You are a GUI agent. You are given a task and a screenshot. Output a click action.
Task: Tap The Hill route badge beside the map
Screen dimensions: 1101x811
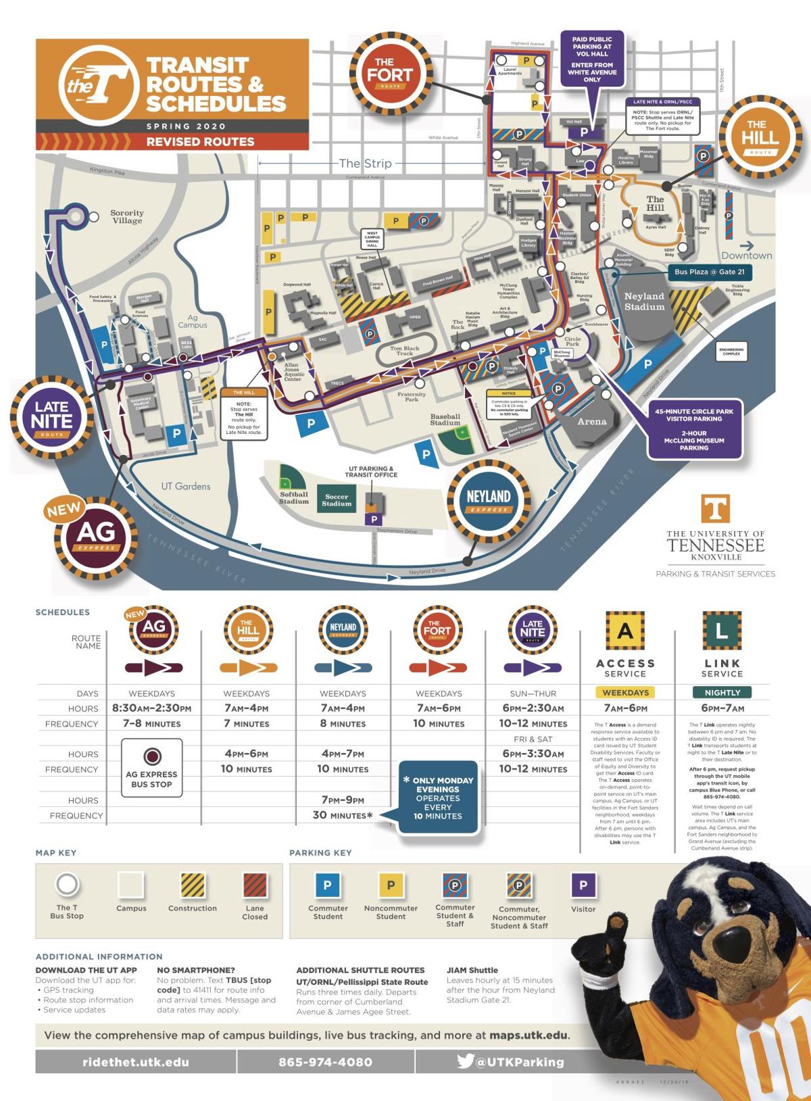click(760, 137)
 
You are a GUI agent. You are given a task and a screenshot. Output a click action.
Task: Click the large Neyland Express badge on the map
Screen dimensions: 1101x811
click(488, 500)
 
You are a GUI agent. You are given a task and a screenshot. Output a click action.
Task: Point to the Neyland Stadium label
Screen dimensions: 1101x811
click(644, 301)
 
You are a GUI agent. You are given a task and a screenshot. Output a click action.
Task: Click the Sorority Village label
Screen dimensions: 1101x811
click(127, 217)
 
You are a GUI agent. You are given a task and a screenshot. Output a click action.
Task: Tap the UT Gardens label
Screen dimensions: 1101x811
click(185, 486)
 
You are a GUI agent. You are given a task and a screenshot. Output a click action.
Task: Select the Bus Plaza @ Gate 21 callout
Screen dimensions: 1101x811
click(710, 272)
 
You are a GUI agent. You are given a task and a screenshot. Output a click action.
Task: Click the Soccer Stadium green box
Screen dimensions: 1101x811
click(337, 500)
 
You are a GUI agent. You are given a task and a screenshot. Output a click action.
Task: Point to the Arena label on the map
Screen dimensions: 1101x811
click(592, 422)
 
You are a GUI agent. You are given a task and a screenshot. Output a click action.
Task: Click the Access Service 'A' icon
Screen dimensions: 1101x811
click(625, 631)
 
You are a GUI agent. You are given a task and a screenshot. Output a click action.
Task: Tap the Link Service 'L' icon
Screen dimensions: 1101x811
click(722, 631)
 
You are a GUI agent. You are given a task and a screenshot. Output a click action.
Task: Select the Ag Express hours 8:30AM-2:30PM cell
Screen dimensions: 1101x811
click(152, 708)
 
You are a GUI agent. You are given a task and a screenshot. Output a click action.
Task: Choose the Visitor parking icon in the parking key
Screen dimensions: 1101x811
click(583, 885)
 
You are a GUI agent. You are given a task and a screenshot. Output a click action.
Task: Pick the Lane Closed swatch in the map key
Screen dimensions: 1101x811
click(255, 885)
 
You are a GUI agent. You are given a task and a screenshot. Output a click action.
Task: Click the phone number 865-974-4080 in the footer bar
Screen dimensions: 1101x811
click(325, 1062)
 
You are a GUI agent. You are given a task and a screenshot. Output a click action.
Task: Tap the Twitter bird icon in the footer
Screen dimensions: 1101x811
click(465, 1061)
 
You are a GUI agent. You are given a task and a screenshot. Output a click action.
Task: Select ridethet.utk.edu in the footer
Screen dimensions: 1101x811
click(136, 1062)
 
